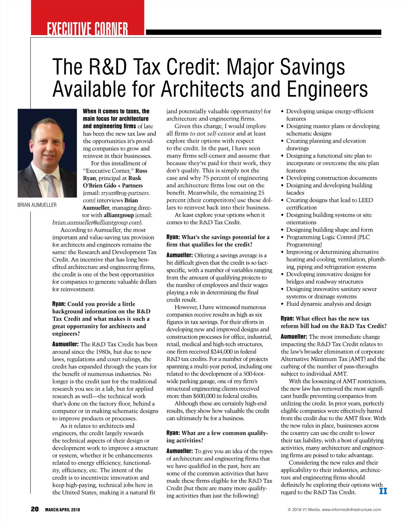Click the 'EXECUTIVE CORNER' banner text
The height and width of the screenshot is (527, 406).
tap(87, 29)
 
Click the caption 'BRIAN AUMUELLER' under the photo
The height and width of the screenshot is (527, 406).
tap(37, 205)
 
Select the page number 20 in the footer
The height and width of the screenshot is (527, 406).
tap(35, 509)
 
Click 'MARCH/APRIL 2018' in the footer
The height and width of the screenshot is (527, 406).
tap(63, 510)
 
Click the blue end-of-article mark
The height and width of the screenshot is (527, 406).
tap(383, 491)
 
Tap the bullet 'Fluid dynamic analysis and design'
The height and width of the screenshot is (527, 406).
tap(329, 304)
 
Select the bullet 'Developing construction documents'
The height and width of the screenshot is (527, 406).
tap(331, 178)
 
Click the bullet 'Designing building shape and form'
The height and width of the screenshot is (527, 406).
tap(329, 230)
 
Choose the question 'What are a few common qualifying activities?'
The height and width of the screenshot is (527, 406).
tap(217, 437)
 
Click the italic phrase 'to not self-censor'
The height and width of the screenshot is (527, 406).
tap(212, 134)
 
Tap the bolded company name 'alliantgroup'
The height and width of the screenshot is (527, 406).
tap(119, 215)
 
